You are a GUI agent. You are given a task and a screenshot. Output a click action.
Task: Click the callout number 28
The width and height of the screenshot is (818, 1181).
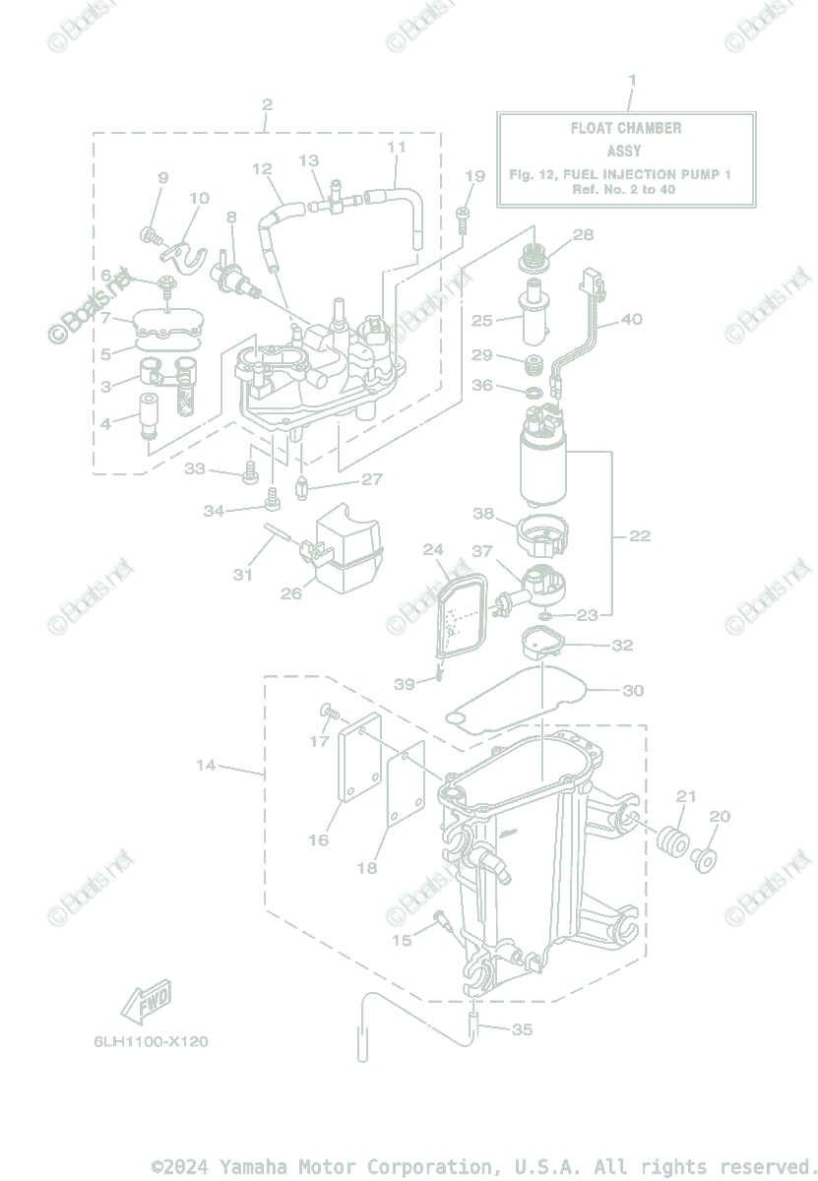[x=583, y=234]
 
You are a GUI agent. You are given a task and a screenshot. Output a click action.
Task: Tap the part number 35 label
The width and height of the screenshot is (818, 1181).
[x=523, y=1029]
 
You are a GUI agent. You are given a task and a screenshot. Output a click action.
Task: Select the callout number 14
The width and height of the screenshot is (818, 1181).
[x=205, y=765]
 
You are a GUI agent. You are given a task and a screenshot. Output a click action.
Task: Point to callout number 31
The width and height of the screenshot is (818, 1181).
[x=243, y=575]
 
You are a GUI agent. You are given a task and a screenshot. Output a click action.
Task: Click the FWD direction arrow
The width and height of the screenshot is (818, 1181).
[x=146, y=1002]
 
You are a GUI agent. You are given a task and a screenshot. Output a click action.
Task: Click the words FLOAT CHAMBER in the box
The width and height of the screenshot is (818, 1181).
[x=625, y=128]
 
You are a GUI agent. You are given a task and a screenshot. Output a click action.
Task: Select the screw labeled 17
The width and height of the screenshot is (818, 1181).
[x=328, y=711]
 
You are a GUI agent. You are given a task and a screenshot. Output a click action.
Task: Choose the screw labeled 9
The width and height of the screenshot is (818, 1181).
[x=151, y=234]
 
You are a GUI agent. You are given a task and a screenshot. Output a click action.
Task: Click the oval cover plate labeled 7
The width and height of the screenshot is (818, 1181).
[x=166, y=321]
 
